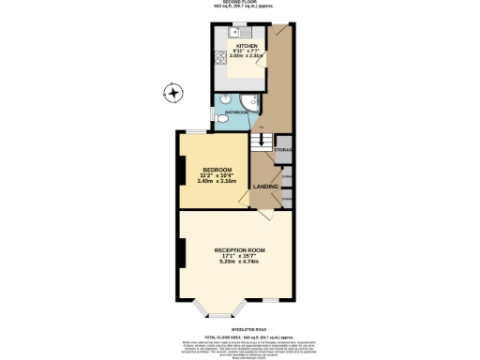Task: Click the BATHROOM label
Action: tap(236, 112)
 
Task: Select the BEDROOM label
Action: tap(216, 169)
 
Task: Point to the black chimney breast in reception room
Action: tap(181, 252)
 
